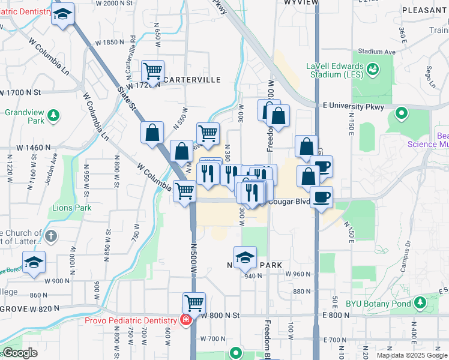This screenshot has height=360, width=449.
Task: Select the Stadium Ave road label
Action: (377, 52)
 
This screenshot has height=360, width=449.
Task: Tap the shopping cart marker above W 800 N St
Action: (194, 303)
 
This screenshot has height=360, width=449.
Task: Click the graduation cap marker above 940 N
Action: (245, 257)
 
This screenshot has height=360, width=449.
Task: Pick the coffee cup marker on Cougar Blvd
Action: (321, 197)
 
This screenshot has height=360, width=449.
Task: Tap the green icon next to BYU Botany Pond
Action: (421, 301)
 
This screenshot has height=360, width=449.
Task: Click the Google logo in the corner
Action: (20, 353)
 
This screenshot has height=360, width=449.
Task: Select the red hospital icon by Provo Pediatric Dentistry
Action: (186, 319)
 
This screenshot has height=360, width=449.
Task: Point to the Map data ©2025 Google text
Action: (412, 355)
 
